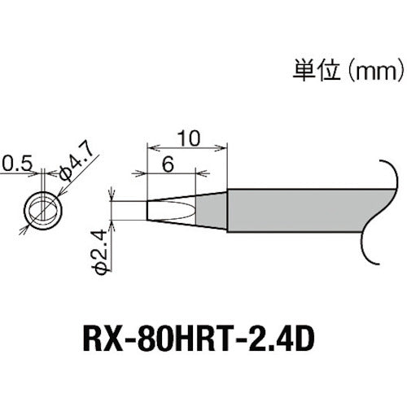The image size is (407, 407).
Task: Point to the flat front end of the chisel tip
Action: (x=147, y=210)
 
